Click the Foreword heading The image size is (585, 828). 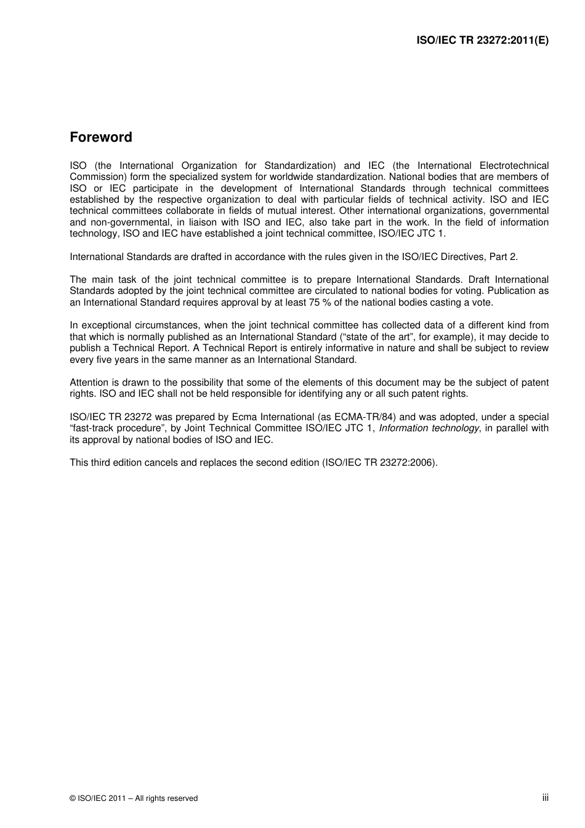click(x=101, y=137)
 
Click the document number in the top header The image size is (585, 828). click(x=482, y=41)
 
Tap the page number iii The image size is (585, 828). click(x=545, y=797)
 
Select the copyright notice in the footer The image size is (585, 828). click(x=134, y=798)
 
